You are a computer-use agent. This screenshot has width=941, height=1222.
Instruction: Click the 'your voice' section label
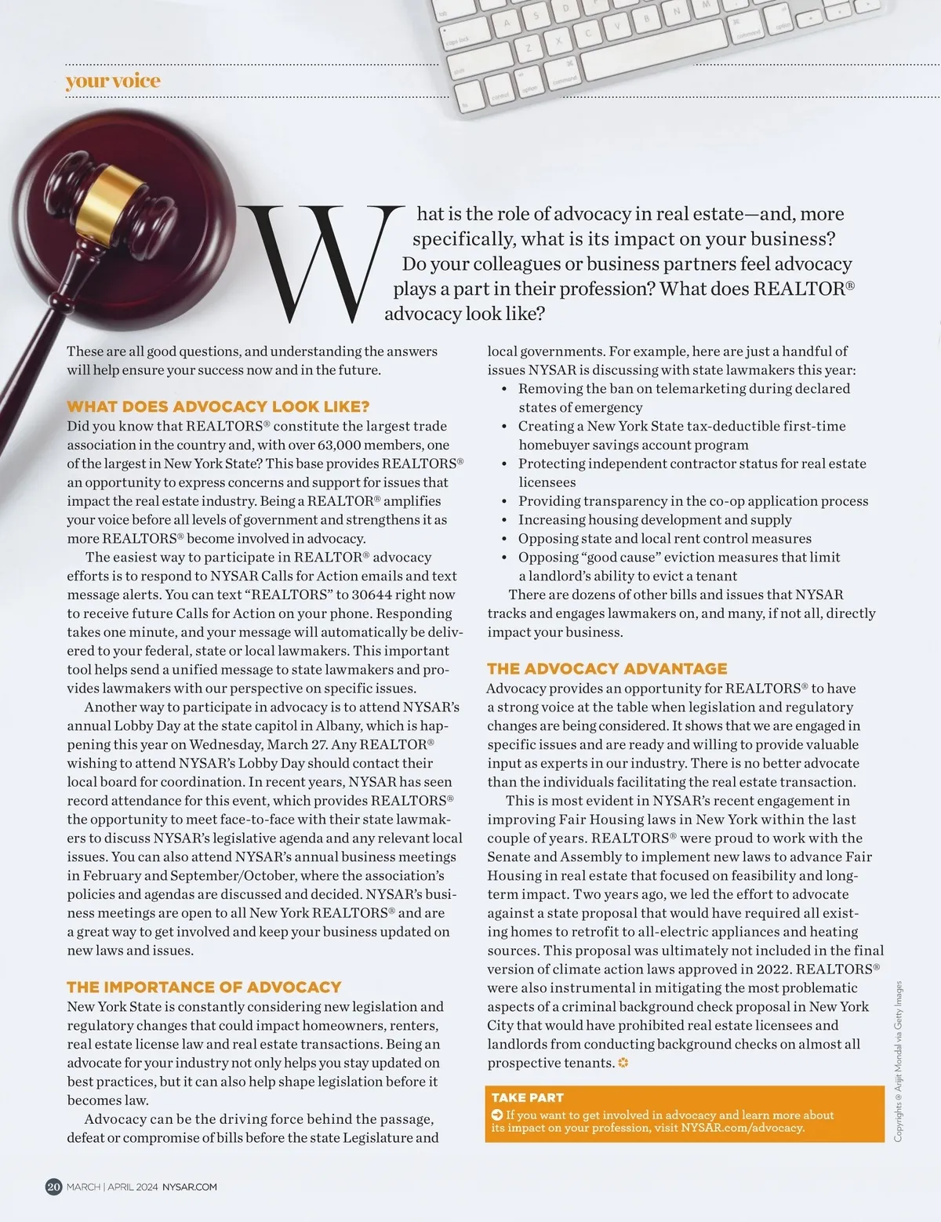(113, 81)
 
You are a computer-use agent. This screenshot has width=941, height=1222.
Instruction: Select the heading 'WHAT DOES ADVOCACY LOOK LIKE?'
(218, 406)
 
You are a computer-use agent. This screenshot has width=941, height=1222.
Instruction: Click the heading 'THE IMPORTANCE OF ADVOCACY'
(204, 987)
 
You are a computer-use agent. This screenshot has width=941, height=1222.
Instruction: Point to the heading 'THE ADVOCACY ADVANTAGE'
(607, 668)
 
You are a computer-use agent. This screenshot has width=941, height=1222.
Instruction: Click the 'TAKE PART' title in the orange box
(527, 1097)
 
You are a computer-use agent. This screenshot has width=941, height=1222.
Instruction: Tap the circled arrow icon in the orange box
(497, 1115)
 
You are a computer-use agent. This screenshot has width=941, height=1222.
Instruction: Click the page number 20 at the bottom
(53, 1187)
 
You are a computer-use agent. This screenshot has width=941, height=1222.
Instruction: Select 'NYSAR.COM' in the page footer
(190, 1187)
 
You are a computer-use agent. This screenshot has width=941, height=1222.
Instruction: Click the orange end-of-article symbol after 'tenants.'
(624, 1064)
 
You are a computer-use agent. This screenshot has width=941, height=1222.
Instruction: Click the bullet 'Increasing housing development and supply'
(655, 519)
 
